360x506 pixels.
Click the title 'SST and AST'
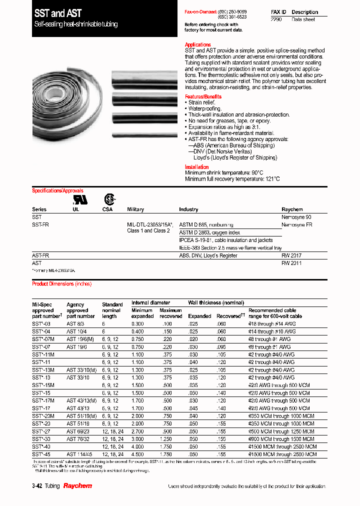click(x=58, y=13)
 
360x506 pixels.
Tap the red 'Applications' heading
click(x=198, y=45)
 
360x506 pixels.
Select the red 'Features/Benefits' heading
click(x=203, y=96)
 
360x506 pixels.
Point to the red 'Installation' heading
click(x=197, y=167)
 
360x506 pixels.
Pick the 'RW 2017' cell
click(x=291, y=255)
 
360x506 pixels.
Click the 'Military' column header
click(x=135, y=209)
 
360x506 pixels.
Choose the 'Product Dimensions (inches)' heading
click(x=62, y=284)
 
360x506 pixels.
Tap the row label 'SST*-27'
click(x=41, y=431)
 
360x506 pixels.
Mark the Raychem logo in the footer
click(x=77, y=486)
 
